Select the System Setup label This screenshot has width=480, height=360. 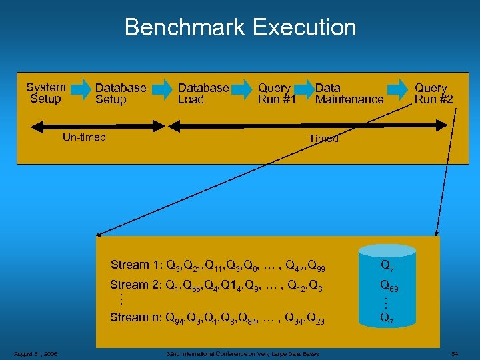[x=45, y=93]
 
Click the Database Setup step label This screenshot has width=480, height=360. [x=120, y=94]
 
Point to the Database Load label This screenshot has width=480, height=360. [x=203, y=94]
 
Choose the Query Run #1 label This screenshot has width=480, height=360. [x=275, y=94]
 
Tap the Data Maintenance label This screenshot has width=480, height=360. [x=349, y=94]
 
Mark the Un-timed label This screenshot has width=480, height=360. [x=84, y=137]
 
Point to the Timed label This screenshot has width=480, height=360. [x=323, y=139]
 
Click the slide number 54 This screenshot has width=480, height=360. [x=455, y=353]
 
